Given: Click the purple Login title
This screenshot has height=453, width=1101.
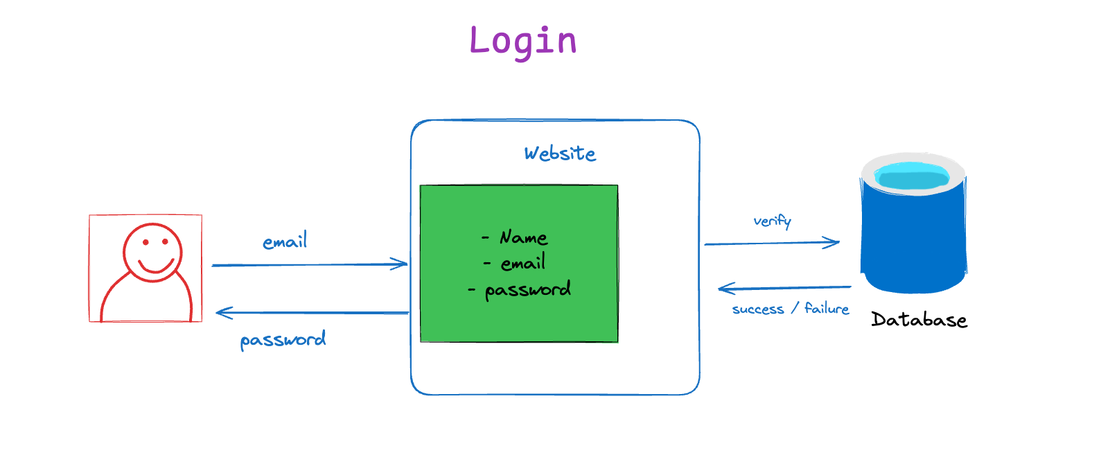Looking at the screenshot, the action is [x=523, y=42].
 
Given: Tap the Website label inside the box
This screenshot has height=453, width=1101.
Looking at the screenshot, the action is [x=560, y=153].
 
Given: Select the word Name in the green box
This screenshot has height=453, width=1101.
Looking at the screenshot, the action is [x=523, y=237].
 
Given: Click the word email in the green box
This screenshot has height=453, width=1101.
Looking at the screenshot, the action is [x=523, y=263].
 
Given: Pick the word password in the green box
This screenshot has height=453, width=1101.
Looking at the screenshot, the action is [x=528, y=290].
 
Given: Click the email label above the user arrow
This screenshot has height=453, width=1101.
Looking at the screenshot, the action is [x=285, y=241].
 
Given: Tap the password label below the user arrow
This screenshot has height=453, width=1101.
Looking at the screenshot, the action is [x=283, y=340].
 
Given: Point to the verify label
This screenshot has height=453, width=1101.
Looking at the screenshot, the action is [x=772, y=221].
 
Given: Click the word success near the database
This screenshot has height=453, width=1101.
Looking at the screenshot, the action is [x=758, y=309].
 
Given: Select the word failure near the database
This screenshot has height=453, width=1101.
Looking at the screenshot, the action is [x=827, y=309].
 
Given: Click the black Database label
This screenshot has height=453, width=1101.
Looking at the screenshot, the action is [x=919, y=320].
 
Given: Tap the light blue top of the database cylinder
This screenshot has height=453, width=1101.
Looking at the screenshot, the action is [x=913, y=176].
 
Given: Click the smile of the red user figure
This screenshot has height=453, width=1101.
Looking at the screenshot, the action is [x=157, y=266].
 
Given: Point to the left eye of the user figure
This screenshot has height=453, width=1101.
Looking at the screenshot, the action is [x=146, y=242].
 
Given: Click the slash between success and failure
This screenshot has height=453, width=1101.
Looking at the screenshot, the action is [x=794, y=309].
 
